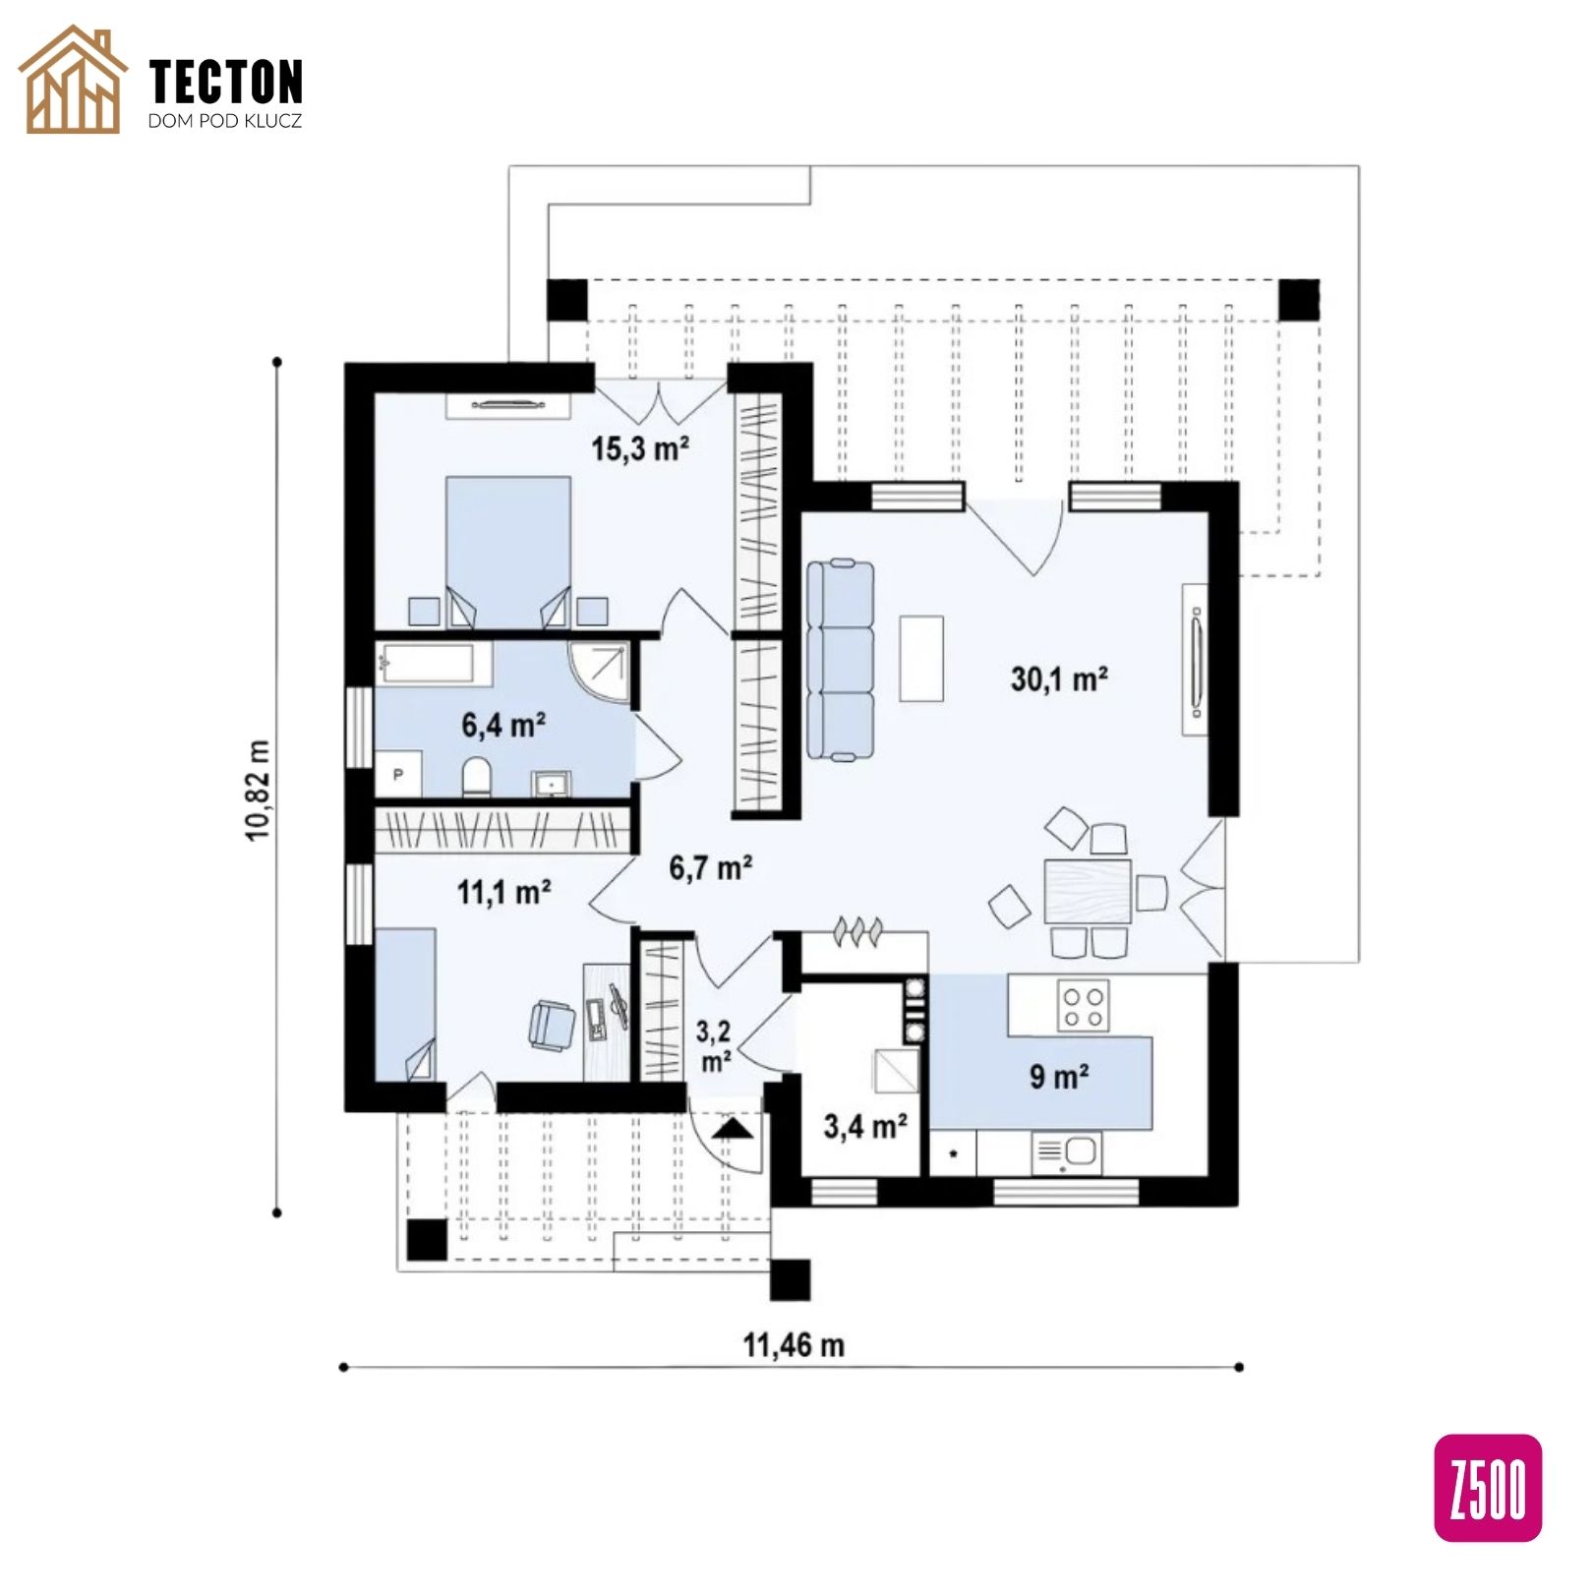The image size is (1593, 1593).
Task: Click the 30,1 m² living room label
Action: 1059,678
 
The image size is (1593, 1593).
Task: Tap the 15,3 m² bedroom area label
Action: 639,448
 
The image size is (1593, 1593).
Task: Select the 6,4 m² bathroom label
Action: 503,726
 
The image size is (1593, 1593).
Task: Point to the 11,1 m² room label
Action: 503,892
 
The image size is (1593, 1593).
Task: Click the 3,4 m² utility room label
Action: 865,1125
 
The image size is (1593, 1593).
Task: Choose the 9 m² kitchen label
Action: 1059,1077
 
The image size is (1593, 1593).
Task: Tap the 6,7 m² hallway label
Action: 711,868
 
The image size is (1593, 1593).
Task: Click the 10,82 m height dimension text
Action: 258,790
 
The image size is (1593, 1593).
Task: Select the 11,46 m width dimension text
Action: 794,1344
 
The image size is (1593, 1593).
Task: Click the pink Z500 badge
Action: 1488,1488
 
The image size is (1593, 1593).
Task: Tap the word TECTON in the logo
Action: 226,82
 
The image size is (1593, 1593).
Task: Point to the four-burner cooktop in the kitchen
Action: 1082,1006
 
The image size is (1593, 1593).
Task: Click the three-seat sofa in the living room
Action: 841,660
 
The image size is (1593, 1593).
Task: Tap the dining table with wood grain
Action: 1088,891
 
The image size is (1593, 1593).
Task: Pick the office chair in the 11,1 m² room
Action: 552,1026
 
